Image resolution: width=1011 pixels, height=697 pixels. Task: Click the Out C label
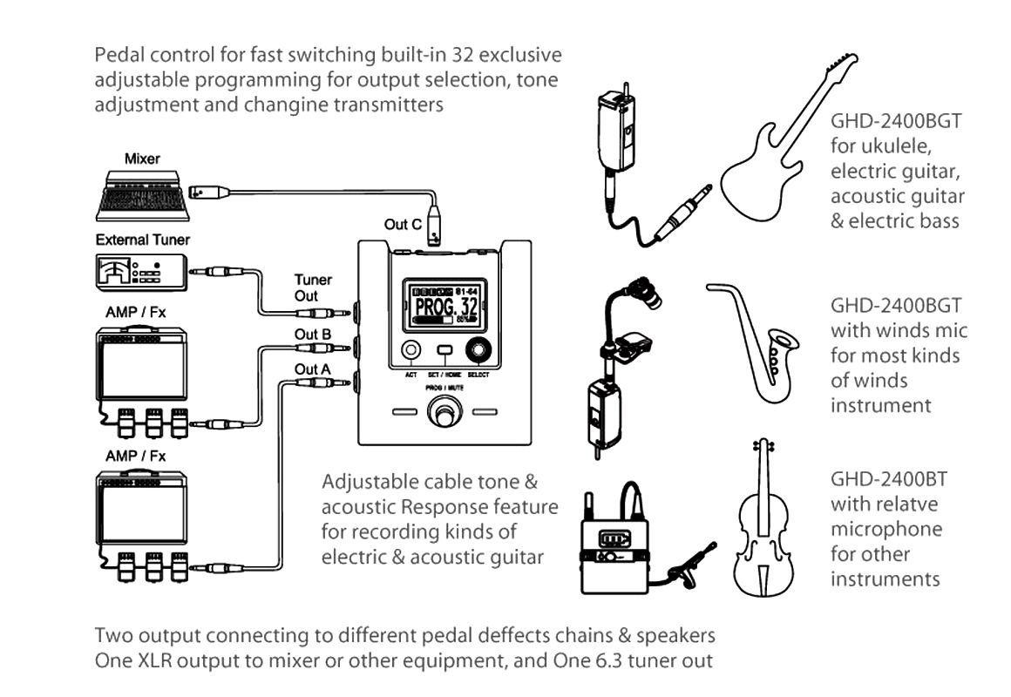coord(403,224)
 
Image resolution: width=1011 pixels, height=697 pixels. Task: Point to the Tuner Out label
coord(313,288)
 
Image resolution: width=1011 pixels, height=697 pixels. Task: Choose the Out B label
coord(313,334)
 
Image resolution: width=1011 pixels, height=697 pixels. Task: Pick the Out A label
coord(313,369)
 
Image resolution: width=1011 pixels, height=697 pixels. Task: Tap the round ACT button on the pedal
coord(411,350)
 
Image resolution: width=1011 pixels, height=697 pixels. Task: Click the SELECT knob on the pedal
coord(477,350)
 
